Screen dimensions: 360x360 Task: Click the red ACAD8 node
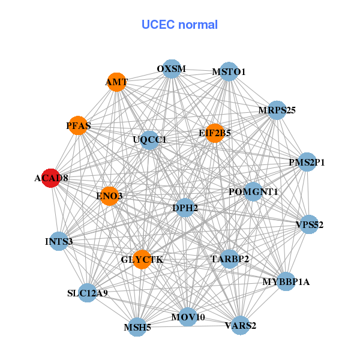pos(51,178)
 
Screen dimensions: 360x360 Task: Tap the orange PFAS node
pos(78,125)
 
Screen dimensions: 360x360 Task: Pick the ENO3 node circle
pos(109,196)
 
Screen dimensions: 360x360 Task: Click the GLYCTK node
pos(142,259)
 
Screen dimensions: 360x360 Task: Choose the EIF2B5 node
pos(215,133)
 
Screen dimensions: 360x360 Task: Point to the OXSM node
pos(172,69)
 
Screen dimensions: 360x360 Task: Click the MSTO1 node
pos(229,72)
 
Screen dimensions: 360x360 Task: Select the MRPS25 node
pos(277,110)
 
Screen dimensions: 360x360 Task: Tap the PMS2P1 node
pos(307,162)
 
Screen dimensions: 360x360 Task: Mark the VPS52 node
pos(309,225)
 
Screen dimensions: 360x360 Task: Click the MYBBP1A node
pos(286,281)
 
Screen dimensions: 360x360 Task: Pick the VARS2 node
pos(241,326)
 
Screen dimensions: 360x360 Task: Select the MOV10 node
pos(188,316)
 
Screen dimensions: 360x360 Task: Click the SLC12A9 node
pos(88,293)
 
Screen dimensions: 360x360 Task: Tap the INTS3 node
pos(59,242)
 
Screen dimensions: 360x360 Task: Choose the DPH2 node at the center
pos(185,208)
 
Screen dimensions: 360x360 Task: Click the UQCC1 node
pos(149,140)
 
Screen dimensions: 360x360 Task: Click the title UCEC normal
pos(179,25)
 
